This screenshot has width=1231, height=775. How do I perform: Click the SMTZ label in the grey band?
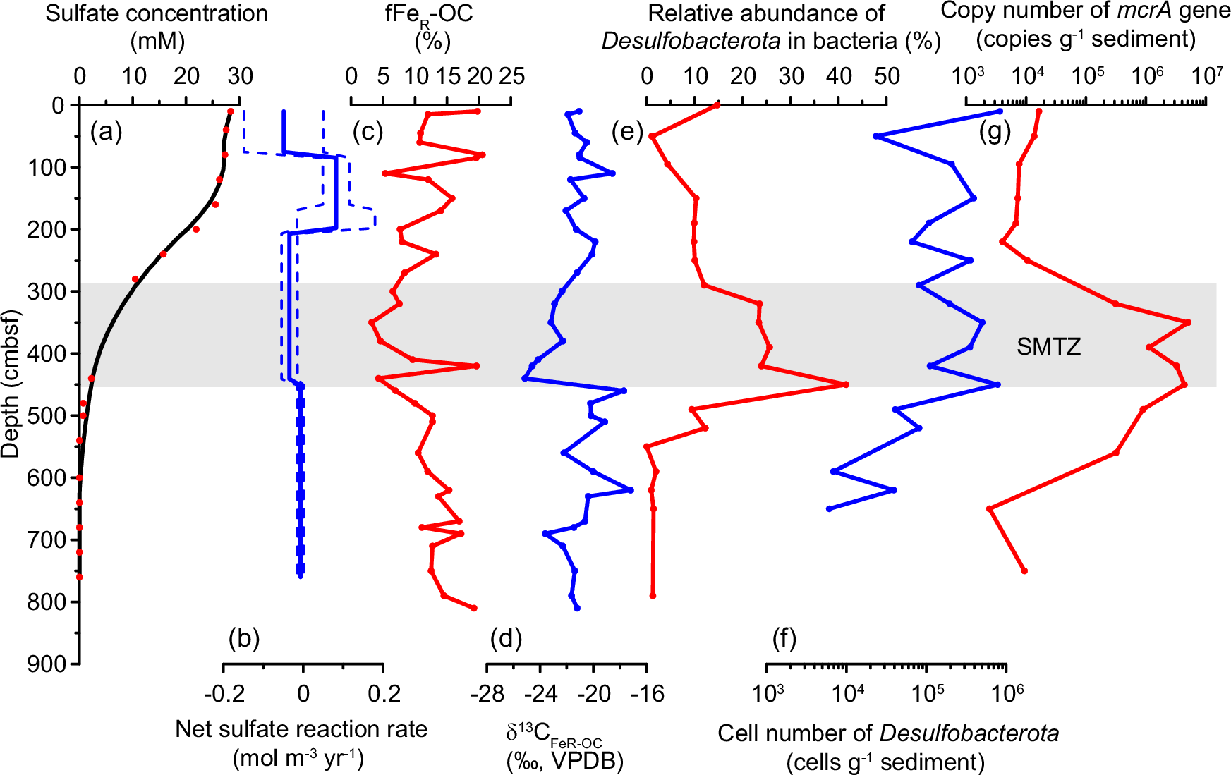(x=1048, y=346)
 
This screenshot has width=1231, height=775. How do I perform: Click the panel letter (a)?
(x=107, y=131)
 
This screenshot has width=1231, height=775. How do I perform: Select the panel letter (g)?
(x=995, y=131)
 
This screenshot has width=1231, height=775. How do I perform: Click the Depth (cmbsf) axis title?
(x=11, y=384)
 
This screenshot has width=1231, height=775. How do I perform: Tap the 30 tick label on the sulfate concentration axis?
(x=240, y=76)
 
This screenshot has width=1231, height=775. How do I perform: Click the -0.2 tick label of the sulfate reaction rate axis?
(x=224, y=695)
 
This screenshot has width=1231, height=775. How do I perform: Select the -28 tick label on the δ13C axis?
(x=487, y=695)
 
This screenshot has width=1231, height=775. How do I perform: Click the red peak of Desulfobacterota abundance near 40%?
(x=846, y=384)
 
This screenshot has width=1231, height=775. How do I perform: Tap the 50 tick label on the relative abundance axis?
(x=886, y=76)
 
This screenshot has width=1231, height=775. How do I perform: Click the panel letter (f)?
(x=784, y=639)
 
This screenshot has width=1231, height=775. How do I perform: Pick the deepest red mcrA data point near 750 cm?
(x=1024, y=570)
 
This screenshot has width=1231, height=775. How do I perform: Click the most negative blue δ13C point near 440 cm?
(x=524, y=379)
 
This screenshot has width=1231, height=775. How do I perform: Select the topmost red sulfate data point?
(x=231, y=111)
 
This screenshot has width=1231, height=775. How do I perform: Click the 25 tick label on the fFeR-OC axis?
(x=511, y=76)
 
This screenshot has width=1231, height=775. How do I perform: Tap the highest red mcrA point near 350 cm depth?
(x=1188, y=322)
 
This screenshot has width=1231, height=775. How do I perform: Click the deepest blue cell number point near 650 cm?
(x=829, y=508)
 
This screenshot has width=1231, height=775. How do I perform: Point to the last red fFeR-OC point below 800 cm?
(x=474, y=608)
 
